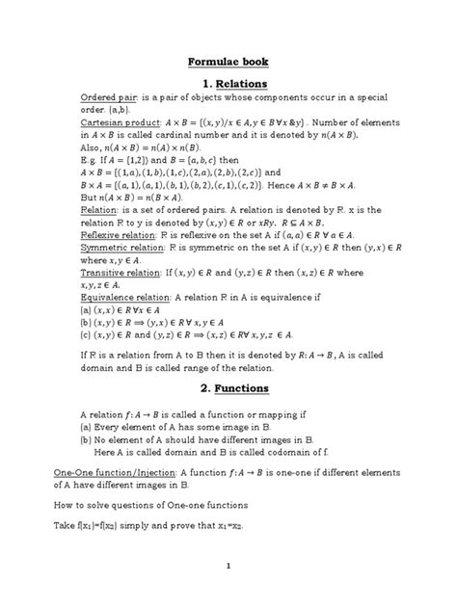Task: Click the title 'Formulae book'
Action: [228, 62]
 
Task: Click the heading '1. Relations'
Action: [228, 85]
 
